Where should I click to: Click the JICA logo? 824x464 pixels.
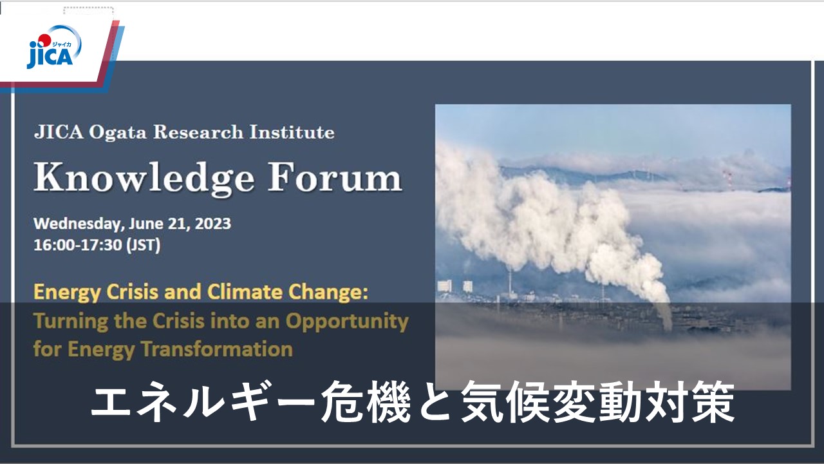54,47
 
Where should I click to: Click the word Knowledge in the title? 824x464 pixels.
144,179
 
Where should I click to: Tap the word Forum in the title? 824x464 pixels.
335,177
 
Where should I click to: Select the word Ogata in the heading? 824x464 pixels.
118,133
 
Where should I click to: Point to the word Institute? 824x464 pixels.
292,132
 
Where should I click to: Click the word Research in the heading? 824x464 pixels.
198,132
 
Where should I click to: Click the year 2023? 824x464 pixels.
212,224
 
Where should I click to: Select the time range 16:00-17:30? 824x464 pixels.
78,245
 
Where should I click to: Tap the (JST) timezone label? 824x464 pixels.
144,246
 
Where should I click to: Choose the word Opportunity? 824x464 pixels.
347,322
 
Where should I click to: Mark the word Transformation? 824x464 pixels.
217,349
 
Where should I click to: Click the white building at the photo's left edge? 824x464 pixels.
444,285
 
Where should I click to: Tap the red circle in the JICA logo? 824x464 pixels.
44,40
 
